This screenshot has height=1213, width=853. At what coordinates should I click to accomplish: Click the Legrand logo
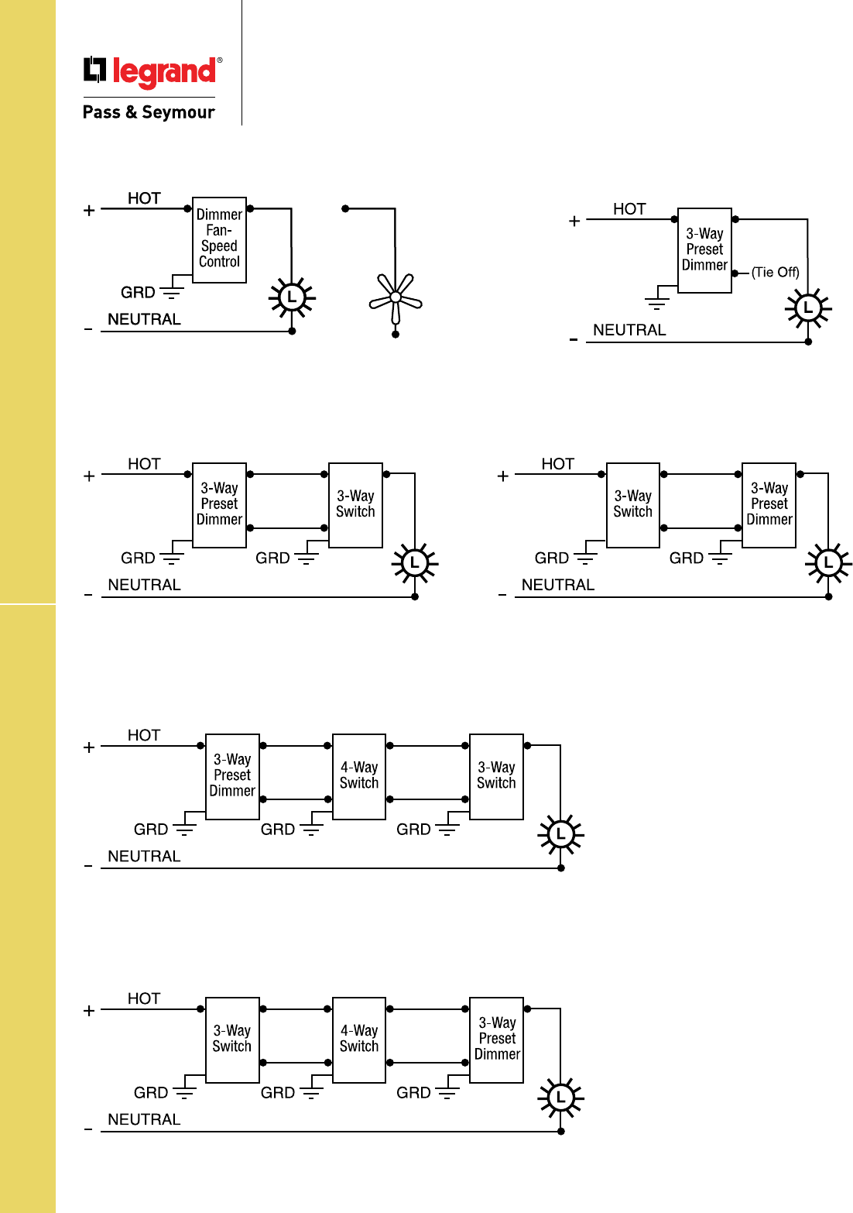tap(152, 71)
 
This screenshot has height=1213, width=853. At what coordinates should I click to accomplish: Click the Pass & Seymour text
tap(149, 112)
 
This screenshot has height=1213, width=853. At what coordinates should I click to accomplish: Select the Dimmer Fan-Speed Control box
tap(220, 239)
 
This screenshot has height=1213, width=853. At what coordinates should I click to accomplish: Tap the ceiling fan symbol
tap(396, 297)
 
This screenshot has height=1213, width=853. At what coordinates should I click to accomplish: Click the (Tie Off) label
tap(775, 273)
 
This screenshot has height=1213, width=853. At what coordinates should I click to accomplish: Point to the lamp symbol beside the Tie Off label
tap(808, 308)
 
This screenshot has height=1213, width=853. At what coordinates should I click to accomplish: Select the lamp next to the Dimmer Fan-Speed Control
tap(292, 297)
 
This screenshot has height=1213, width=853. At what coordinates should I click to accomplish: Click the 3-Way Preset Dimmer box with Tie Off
tap(704, 250)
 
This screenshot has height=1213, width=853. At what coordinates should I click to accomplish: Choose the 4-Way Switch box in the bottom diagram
tap(359, 1039)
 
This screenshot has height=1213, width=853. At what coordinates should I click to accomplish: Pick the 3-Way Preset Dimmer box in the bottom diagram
tap(497, 1039)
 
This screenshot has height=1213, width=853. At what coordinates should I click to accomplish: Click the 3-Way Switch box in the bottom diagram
tap(232, 1039)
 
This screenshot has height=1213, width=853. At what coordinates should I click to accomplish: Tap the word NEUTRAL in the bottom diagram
tap(144, 1119)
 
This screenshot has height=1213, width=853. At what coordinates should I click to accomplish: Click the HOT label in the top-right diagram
tap(629, 209)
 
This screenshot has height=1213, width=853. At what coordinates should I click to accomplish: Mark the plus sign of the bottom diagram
tap(89, 1011)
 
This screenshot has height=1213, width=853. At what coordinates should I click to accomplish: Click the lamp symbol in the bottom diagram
tap(560, 1098)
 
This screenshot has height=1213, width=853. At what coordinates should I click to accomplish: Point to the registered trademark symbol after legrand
tap(220, 60)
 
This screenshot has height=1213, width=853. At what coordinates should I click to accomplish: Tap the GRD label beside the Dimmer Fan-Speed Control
tap(138, 292)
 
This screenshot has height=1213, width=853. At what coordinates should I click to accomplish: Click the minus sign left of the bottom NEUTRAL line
tap(88, 1130)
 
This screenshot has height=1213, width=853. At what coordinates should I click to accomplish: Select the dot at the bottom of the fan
tap(396, 335)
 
